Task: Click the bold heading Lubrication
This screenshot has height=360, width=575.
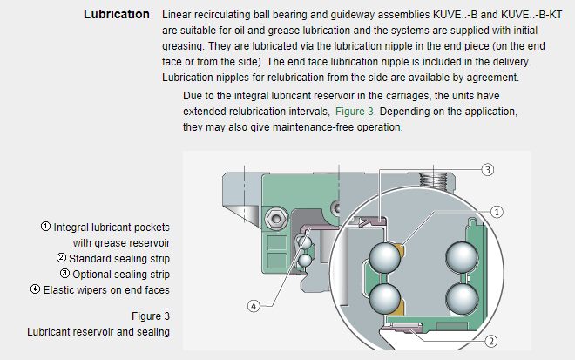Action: click(x=116, y=15)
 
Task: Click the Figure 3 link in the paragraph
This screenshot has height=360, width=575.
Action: click(x=355, y=112)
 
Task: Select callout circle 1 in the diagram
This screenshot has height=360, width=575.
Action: click(x=497, y=211)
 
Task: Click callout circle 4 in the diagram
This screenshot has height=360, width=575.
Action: click(x=253, y=306)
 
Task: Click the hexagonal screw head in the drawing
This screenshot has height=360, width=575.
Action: click(x=275, y=214)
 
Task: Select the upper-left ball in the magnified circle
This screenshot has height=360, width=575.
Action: click(x=385, y=256)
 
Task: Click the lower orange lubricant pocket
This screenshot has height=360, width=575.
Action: click(x=398, y=308)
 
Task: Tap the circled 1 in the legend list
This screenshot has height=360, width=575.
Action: click(x=45, y=227)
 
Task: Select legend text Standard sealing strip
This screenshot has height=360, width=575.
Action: click(x=118, y=258)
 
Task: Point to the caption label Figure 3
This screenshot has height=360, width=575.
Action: click(x=150, y=316)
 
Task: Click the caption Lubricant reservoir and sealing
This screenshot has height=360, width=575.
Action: click(x=98, y=332)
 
